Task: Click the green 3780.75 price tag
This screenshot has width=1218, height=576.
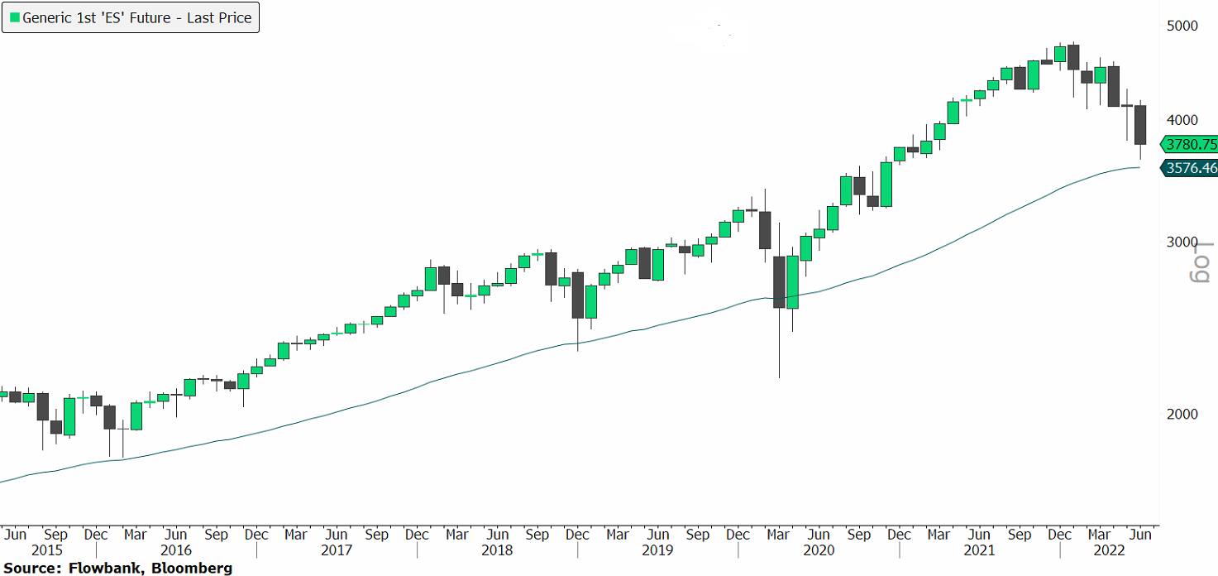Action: pyautogui.click(x=1191, y=145)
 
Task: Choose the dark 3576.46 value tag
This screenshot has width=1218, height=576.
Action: pyautogui.click(x=1191, y=168)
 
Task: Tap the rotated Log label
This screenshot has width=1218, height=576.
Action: pyautogui.click(x=1200, y=264)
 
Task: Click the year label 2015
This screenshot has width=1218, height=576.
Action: pyautogui.click(x=48, y=550)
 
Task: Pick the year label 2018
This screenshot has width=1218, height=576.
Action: pyautogui.click(x=498, y=550)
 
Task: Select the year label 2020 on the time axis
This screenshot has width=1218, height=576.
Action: pyautogui.click(x=819, y=550)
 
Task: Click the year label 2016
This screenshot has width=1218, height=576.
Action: pyautogui.click(x=176, y=550)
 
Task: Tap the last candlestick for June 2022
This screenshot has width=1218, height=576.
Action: pyautogui.click(x=1140, y=125)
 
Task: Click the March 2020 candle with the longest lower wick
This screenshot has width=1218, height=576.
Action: pyautogui.click(x=779, y=282)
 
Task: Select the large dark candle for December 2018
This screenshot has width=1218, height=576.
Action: pyautogui.click(x=578, y=295)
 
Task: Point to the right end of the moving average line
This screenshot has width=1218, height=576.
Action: pyautogui.click(x=1139, y=168)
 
